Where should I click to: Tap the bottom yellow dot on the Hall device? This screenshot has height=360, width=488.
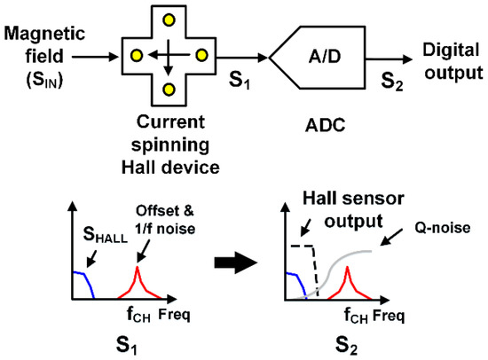point(168,90)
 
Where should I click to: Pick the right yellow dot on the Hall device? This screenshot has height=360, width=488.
point(201,55)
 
